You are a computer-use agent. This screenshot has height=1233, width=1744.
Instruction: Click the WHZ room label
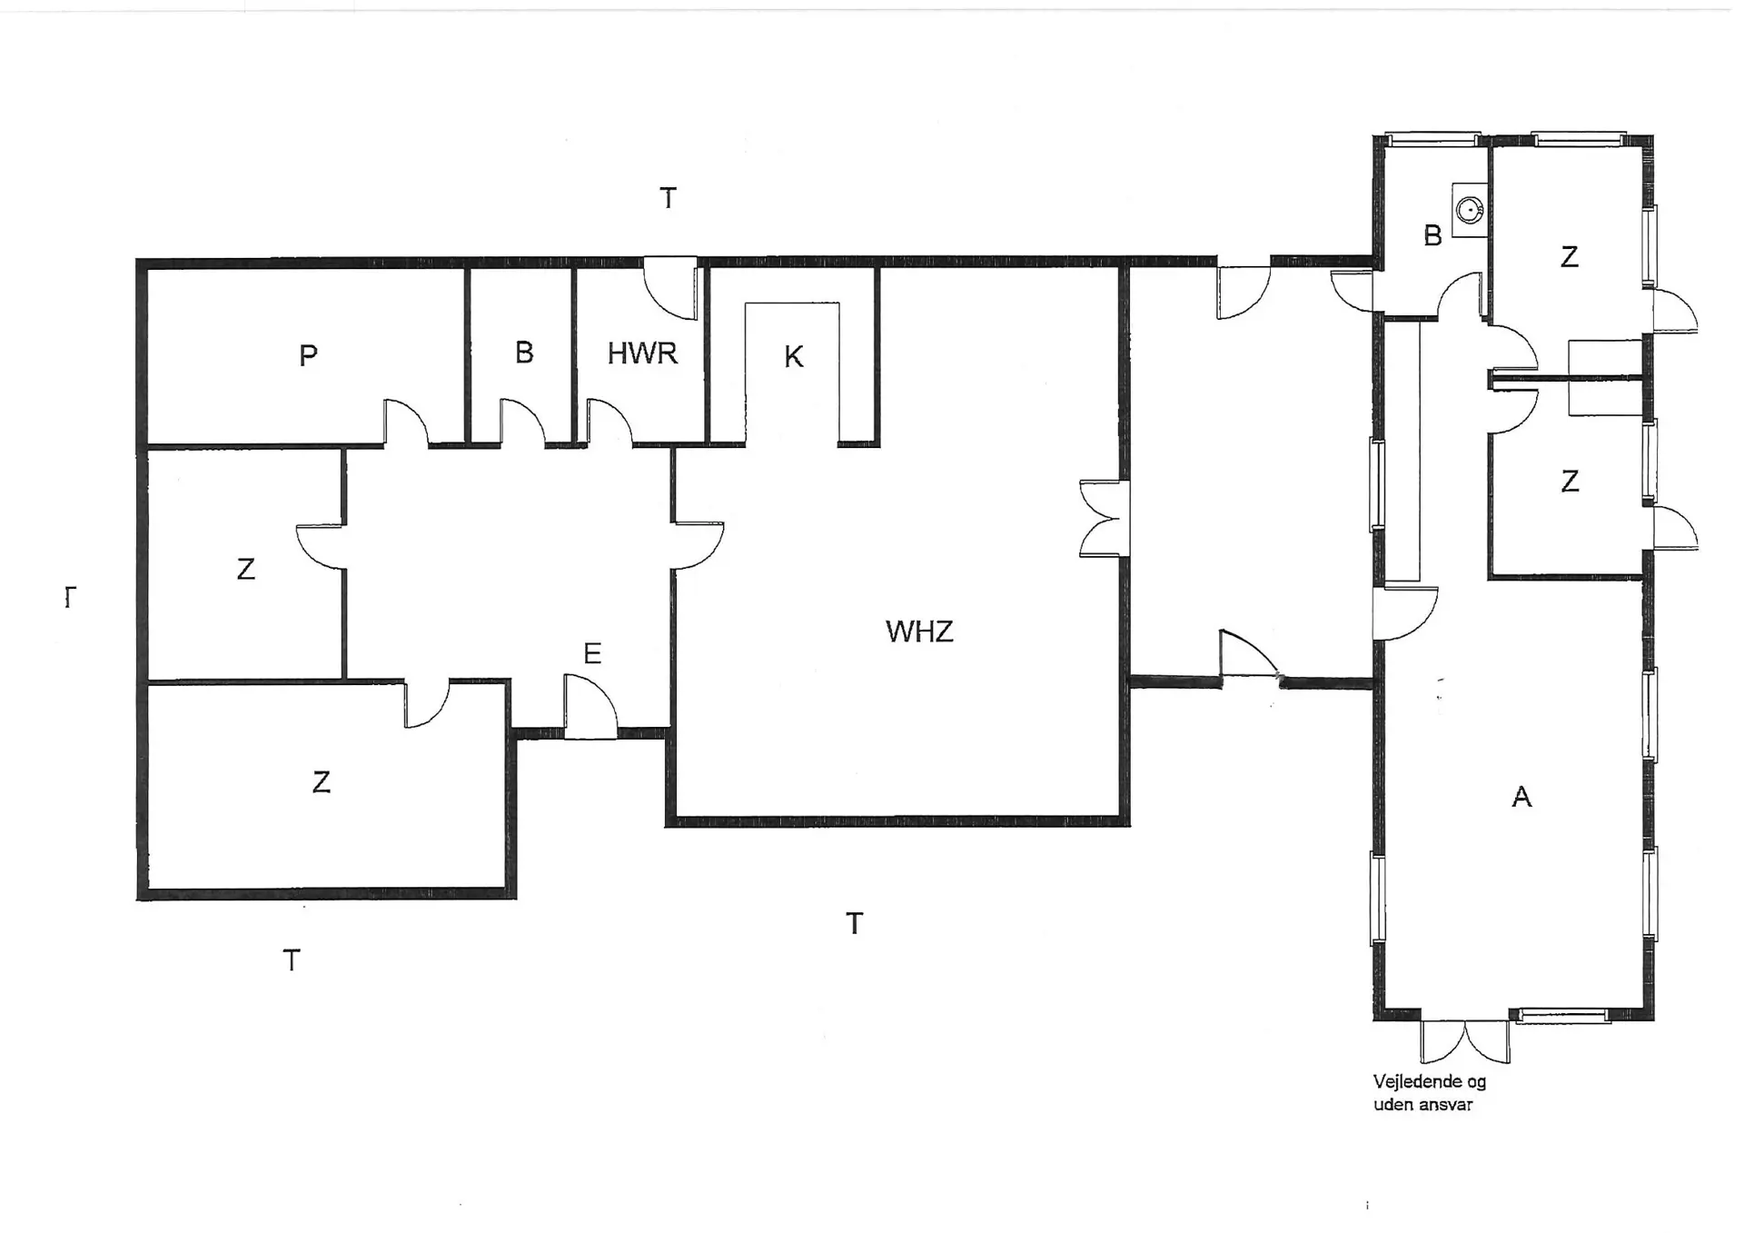coord(919,631)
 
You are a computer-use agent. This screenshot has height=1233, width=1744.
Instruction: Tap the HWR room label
coord(642,353)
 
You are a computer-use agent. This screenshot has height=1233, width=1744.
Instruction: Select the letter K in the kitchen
coord(793,357)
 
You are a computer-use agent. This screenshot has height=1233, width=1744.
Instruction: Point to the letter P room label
coord(308,355)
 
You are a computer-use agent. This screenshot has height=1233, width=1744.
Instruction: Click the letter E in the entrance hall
coord(592,653)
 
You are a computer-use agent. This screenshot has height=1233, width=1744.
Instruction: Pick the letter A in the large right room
coord(1521,797)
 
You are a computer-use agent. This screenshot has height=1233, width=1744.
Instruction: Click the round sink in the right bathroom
coord(1469,211)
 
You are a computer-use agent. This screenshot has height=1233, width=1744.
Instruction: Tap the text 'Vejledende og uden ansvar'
coord(1429,1093)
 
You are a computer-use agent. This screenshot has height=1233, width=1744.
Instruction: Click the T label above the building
coord(668,197)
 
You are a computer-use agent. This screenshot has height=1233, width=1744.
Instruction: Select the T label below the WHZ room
coord(854,923)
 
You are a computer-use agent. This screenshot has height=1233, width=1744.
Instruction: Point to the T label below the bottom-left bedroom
coord(291,960)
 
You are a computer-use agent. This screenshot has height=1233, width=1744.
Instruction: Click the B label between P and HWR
coord(524,353)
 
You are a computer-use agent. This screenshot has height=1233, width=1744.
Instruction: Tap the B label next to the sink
coord(1432,236)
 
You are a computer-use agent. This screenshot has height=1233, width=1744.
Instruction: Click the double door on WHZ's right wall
coord(1103,518)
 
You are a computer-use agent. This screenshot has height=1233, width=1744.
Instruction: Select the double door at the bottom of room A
coord(1465,1041)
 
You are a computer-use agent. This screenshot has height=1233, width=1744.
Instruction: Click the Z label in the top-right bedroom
coord(1569,257)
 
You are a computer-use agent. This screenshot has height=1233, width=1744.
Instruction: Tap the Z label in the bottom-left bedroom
coord(321,782)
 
